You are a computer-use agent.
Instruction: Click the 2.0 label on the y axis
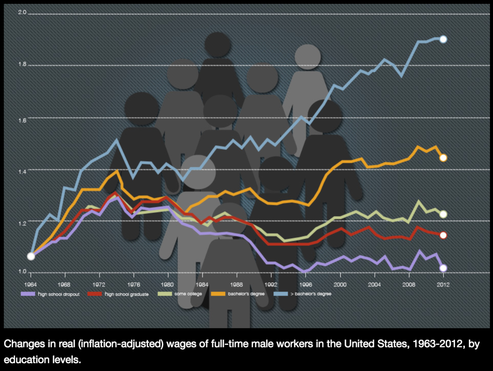[x=22, y=12]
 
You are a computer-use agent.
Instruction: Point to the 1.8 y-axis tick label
[x=22, y=64]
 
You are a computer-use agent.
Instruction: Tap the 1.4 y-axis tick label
[x=22, y=171]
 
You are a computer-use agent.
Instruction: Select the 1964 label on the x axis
[x=30, y=285]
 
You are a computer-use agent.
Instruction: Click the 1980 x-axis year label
[x=167, y=285]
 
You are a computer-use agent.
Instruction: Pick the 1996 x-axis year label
[x=305, y=285]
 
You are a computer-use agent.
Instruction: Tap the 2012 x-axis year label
[x=443, y=285]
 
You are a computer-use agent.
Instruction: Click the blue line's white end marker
[x=443, y=39]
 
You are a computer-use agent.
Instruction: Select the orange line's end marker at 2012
[x=443, y=158]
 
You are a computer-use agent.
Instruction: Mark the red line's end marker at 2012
[x=443, y=235]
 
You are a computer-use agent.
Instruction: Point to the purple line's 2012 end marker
[x=443, y=268]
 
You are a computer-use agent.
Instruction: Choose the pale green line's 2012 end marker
[x=443, y=214]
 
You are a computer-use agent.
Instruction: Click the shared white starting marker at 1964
[x=31, y=256]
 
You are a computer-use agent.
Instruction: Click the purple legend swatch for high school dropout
[x=28, y=294]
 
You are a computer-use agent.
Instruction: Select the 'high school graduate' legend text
[x=127, y=294]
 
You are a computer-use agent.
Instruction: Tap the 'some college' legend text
[x=188, y=294]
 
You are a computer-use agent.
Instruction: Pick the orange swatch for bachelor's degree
[x=218, y=294]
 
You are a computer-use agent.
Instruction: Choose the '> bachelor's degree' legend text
[x=311, y=294]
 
